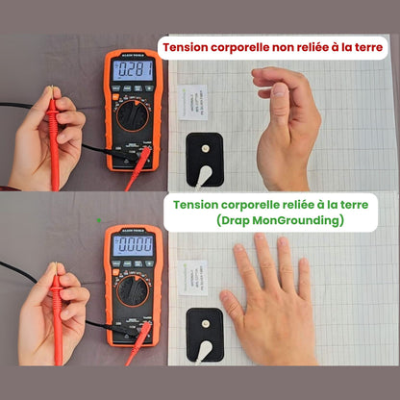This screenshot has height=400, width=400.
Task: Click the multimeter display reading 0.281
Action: coord(133,71)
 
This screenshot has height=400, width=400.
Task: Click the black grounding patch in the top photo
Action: coord(204,153)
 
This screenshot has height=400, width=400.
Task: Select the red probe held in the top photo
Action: coord(54,135)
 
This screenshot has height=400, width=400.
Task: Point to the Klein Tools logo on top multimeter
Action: coord(133,55)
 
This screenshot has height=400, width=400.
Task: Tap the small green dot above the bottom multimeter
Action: coord(98,219)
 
